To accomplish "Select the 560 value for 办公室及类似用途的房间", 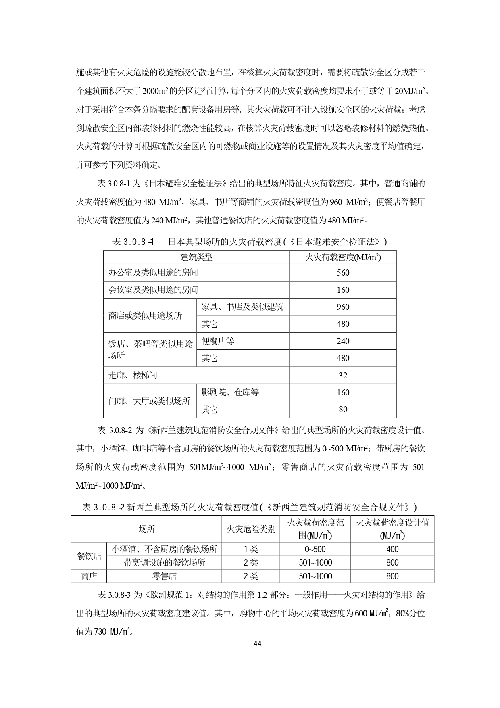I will (x=343, y=273).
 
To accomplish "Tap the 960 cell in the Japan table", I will (x=343, y=307).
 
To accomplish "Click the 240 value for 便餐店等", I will (x=343, y=341).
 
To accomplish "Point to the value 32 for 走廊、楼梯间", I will (x=343, y=376).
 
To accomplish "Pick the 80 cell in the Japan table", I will (x=343, y=409).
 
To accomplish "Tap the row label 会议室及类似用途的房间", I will (x=153, y=290).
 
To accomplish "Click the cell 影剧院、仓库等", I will (x=230, y=393).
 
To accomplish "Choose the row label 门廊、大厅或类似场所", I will (x=149, y=401).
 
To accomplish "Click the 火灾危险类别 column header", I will (x=251, y=529).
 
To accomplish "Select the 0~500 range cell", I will (x=315, y=549).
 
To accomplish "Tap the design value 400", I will (x=392, y=549).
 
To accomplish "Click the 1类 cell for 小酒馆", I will (x=251, y=549).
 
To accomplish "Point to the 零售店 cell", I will (x=164, y=576).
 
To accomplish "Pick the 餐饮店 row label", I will (x=89, y=556).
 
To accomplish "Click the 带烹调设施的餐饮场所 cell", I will (x=164, y=562).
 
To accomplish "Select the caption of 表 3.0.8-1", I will (x=250, y=242).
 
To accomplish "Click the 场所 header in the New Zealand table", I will (x=146, y=529).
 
